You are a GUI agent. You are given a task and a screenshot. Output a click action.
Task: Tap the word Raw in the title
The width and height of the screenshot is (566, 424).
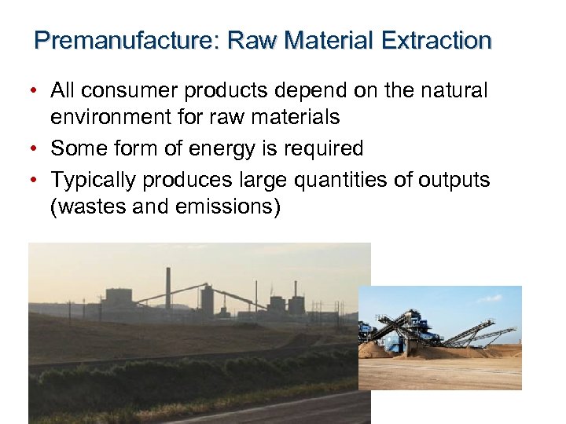(x=251, y=40)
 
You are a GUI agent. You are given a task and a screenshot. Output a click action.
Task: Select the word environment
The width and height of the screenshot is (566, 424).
(x=109, y=118)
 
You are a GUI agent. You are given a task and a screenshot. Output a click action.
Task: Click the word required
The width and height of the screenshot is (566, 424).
(x=323, y=149)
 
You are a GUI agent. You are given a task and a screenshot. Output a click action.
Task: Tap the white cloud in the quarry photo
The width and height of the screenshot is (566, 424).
(x=488, y=298)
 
